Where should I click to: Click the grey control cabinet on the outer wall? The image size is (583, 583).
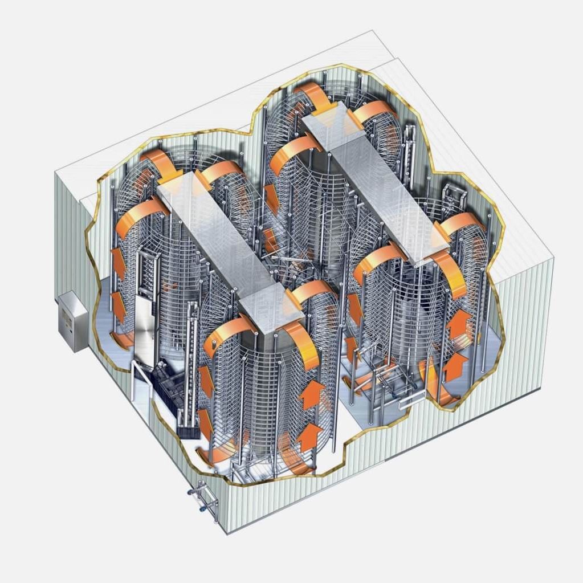[x=73, y=321]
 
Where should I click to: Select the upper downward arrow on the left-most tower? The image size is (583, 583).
[x=118, y=262]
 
